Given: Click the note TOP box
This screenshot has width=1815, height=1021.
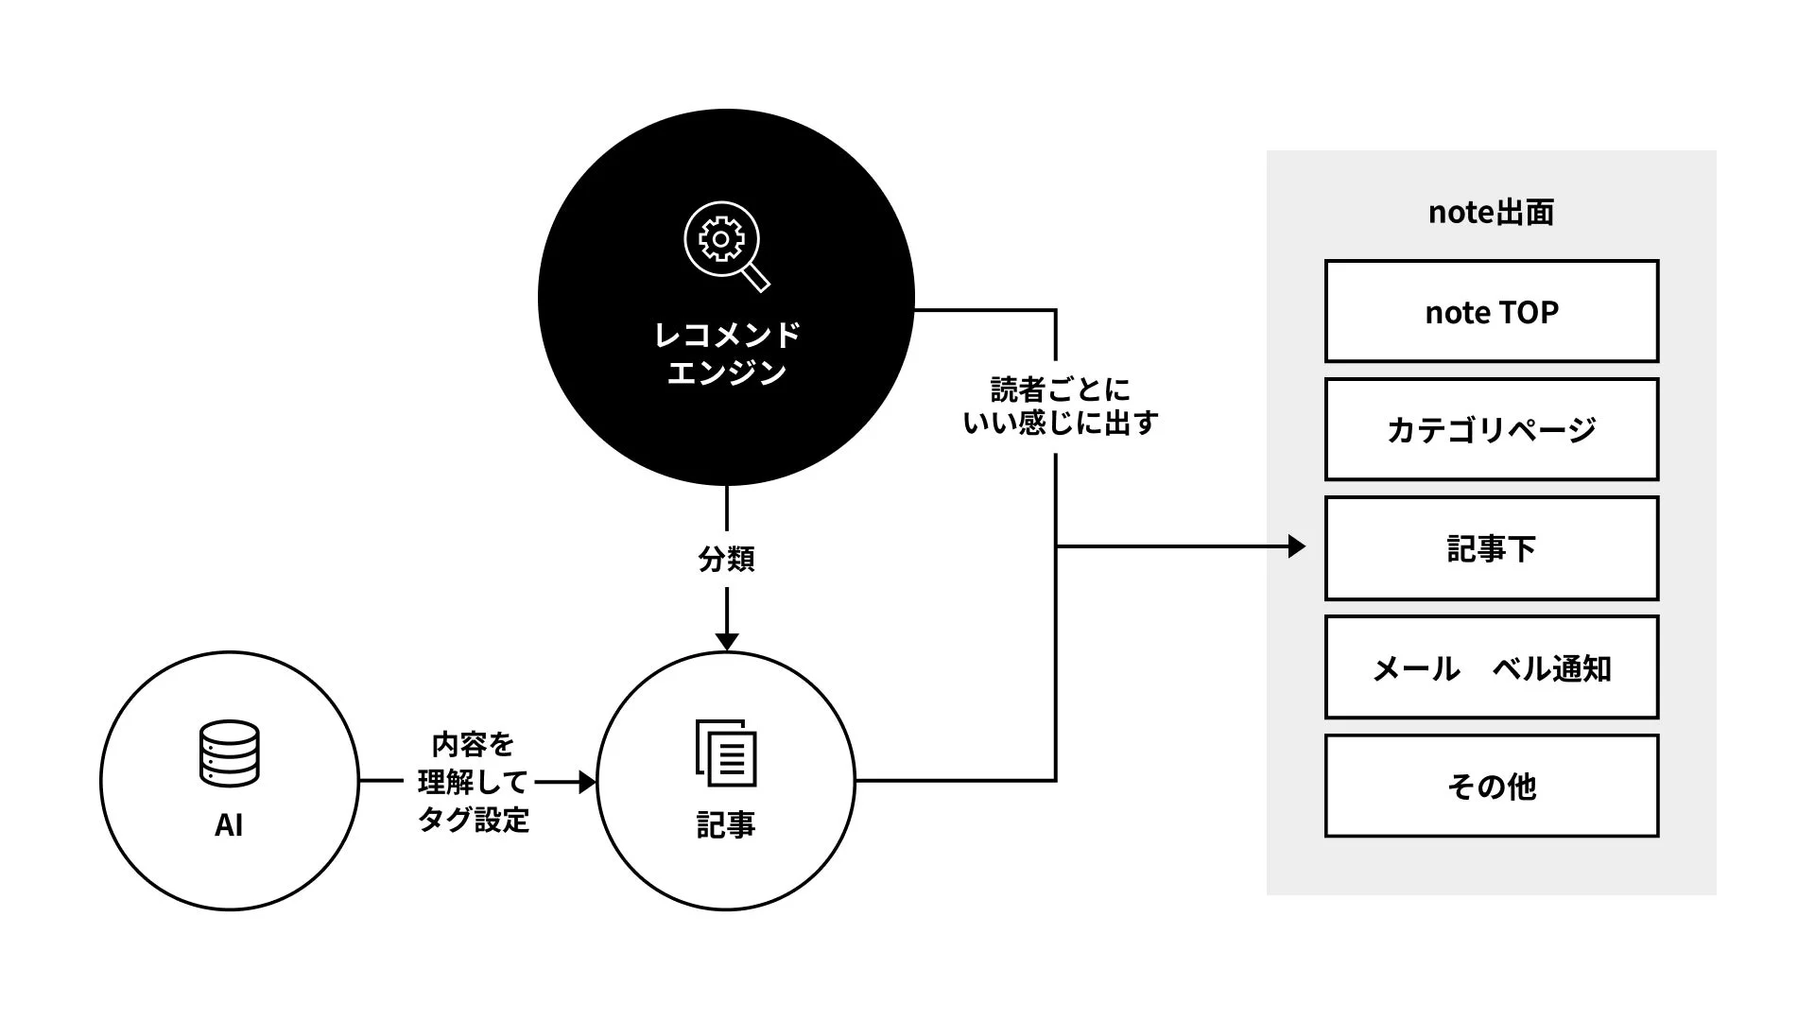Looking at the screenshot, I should point(1491,311).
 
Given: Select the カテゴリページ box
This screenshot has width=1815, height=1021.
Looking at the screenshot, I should point(1491,429).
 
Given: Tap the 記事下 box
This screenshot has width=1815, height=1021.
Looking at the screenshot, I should point(1491,548).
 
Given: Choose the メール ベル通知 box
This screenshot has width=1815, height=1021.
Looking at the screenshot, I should point(1491,667).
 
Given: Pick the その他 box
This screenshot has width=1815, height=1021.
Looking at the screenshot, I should point(1491,786).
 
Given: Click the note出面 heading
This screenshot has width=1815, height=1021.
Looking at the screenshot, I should point(1491,212).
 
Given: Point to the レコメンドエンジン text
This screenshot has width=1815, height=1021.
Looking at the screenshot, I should point(726,353).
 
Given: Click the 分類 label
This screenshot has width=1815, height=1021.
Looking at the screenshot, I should point(726,559).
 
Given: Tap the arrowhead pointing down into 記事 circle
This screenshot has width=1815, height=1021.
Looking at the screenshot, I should point(726,641).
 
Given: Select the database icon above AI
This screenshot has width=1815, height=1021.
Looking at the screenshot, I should point(229,753).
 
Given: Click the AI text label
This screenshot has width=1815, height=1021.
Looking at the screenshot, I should point(229,825).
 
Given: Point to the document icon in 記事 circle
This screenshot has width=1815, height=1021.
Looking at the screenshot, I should point(726,753).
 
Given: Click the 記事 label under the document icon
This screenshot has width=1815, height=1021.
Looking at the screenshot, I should point(726,825).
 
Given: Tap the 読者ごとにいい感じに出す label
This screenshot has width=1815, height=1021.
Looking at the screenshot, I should point(1060,406).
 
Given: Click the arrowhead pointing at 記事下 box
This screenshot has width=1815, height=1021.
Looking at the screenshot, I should point(1296,546).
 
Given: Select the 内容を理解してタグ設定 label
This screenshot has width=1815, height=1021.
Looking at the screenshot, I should point(473,782).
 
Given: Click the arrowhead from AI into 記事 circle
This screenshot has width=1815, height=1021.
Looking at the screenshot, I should point(587,782).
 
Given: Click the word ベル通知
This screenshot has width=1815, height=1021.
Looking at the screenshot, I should point(1551,668).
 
